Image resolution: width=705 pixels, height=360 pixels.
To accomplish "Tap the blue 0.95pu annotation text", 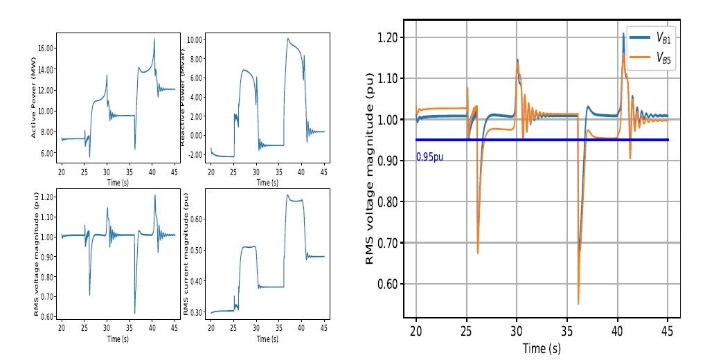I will pos(429,157).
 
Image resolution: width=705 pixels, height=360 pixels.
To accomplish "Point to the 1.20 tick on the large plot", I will pos(388,37).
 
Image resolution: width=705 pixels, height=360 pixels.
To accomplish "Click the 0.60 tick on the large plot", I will pos(388,284).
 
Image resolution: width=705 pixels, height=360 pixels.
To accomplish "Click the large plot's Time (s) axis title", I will pos(542,348).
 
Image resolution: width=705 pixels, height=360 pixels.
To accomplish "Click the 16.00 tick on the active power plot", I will pos(46,48).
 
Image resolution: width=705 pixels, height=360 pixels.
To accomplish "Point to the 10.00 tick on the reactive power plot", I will pos(195,39).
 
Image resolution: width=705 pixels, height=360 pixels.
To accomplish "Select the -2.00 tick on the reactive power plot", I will pos(195,154).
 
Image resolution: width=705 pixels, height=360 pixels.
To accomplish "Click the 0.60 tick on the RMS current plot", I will pos(196,219).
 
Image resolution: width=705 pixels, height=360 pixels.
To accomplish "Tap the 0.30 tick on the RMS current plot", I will pos(196,313).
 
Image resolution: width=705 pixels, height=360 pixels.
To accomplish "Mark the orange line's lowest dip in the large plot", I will pos(578,303).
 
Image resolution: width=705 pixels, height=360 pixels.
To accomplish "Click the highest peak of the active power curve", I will pos(154,39).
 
